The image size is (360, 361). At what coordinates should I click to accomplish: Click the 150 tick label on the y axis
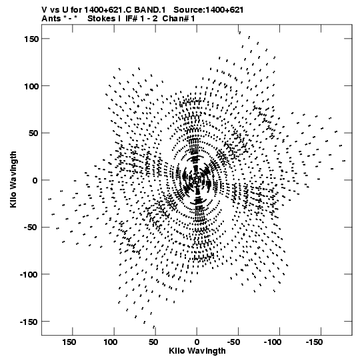click(31, 39)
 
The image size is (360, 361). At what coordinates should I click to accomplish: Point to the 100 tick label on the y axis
click(31, 86)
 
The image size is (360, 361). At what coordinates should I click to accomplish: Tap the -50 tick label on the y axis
click(31, 228)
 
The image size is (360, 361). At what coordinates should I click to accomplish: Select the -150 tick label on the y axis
click(29, 322)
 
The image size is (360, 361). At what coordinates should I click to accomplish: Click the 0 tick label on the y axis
click(35, 180)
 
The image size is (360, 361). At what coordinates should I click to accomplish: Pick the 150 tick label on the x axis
click(69, 342)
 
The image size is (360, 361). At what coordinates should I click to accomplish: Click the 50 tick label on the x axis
click(153, 342)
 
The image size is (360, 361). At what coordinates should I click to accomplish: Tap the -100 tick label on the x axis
click(273, 342)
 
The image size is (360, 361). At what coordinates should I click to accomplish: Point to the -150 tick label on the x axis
click(314, 342)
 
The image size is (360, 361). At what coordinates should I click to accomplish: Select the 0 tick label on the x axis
click(197, 342)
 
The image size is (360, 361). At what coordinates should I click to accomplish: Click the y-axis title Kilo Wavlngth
click(13, 179)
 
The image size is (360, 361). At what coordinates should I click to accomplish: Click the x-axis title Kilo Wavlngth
click(197, 351)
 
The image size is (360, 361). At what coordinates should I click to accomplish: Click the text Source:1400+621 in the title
click(208, 10)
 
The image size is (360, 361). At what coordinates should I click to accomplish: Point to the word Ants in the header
click(51, 19)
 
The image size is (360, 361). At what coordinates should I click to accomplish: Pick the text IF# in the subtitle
click(131, 19)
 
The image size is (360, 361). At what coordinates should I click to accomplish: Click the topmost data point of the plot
click(240, 33)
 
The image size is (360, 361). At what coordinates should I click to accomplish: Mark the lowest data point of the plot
click(154, 327)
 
